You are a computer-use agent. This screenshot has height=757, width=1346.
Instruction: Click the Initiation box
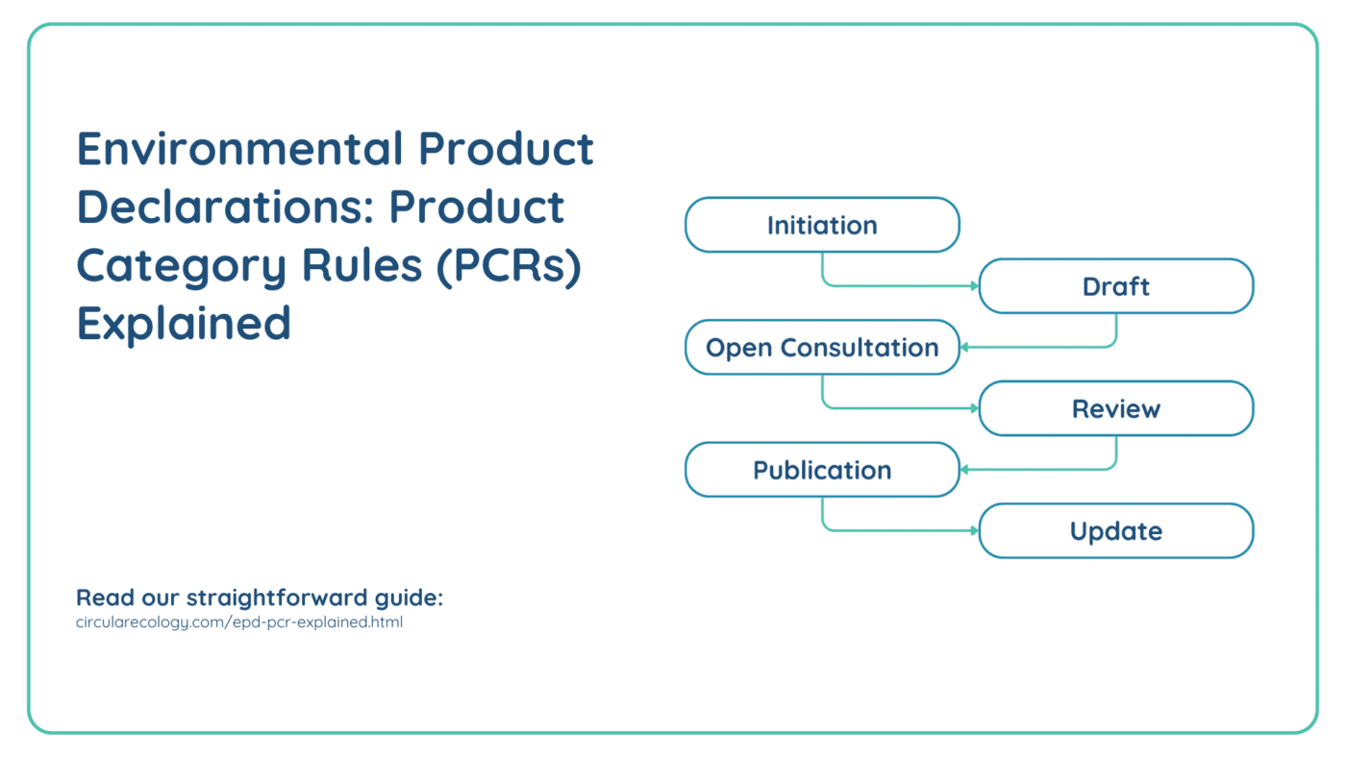pyautogui.click(x=822, y=225)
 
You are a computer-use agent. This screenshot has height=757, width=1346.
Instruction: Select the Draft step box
pyautogui.click(x=1115, y=286)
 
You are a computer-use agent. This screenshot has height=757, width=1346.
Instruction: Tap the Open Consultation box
pyautogui.click(x=822, y=348)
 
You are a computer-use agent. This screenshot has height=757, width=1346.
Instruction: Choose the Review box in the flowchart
pyautogui.click(x=1115, y=409)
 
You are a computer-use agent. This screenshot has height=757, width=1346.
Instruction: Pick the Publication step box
pyautogui.click(x=822, y=470)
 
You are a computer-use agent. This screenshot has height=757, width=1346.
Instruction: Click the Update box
pyautogui.click(x=1115, y=531)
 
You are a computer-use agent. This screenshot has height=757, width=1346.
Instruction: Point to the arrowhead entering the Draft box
pyautogui.click(x=975, y=286)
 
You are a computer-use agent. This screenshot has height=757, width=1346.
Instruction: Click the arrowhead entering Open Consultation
pyautogui.click(x=964, y=348)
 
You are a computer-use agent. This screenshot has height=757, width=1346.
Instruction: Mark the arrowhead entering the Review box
pyautogui.click(x=975, y=409)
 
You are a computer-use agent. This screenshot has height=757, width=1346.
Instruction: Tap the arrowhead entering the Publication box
pyautogui.click(x=964, y=470)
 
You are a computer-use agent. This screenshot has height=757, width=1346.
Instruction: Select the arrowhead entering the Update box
pyautogui.click(x=975, y=531)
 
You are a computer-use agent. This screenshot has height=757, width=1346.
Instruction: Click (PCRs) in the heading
pyautogui.click(x=508, y=265)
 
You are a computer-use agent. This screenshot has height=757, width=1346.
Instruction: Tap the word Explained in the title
pyautogui.click(x=184, y=324)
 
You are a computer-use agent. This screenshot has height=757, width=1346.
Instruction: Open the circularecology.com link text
pyautogui.click(x=239, y=623)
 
